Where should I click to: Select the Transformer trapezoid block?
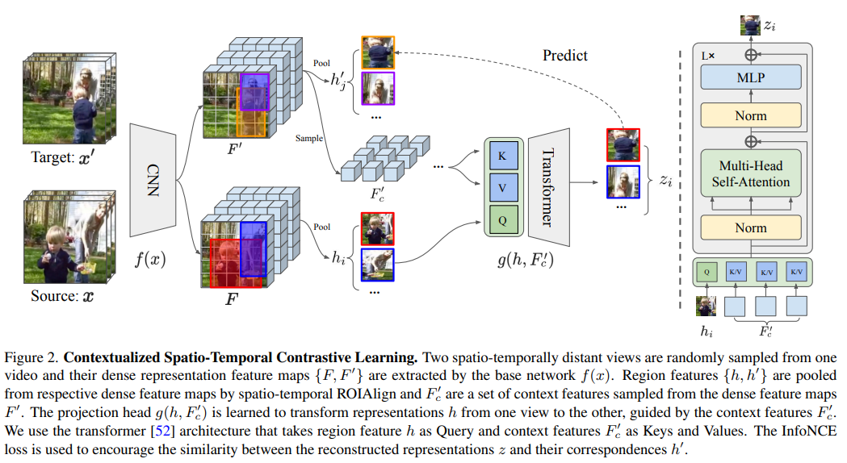pyautogui.click(x=547, y=187)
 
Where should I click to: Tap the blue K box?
pyautogui.click(x=501, y=156)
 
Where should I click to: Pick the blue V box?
pyautogui.click(x=501, y=188)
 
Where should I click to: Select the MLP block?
pyautogui.click(x=750, y=78)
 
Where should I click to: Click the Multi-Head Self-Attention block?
pyautogui.click(x=750, y=173)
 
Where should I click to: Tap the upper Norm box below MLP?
pyautogui.click(x=750, y=116)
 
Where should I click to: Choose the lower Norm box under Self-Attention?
pyautogui.click(x=750, y=227)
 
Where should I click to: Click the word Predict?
pyautogui.click(x=565, y=56)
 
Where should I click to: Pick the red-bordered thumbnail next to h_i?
pyautogui.click(x=377, y=228)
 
